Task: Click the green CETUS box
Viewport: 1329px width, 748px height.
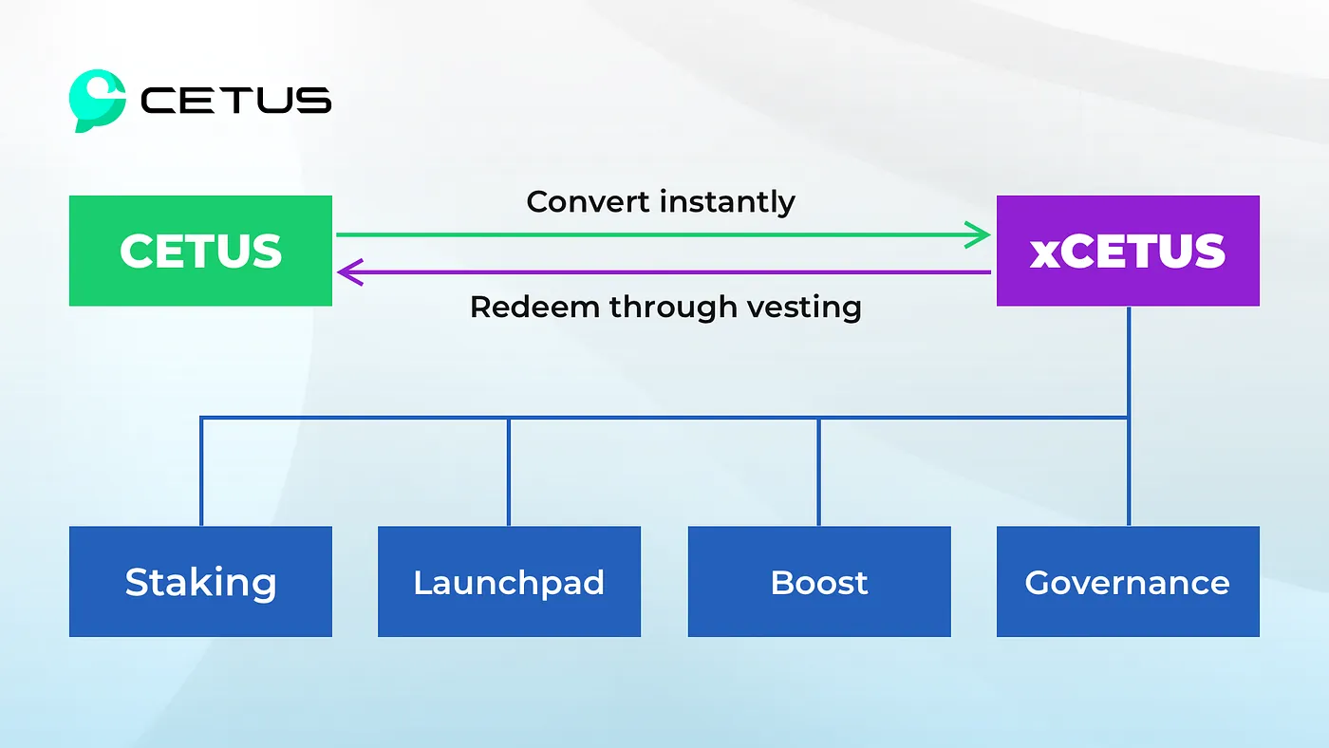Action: pyautogui.click(x=200, y=251)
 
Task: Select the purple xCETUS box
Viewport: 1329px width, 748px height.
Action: pyautogui.click(x=1128, y=251)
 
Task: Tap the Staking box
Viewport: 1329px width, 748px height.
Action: pyautogui.click(x=200, y=582)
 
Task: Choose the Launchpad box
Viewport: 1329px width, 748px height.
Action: pyautogui.click(x=509, y=582)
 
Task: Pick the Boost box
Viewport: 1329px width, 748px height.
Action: pyautogui.click(x=818, y=582)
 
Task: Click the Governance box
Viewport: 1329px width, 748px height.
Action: pyautogui.click(x=1128, y=582)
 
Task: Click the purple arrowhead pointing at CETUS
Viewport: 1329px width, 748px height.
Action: pyautogui.click(x=347, y=273)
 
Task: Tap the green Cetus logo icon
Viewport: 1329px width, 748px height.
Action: pyautogui.click(x=97, y=100)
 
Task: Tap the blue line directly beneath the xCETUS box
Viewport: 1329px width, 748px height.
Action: pyautogui.click(x=1128, y=361)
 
